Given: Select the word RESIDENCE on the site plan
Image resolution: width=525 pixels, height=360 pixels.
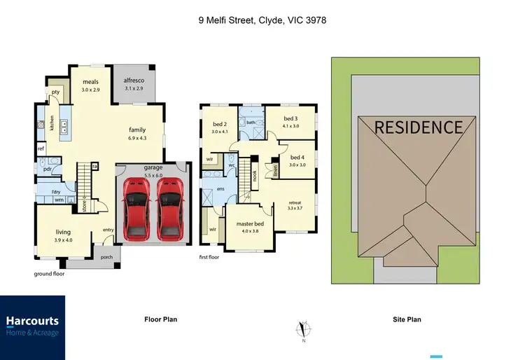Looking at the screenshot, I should (419, 127).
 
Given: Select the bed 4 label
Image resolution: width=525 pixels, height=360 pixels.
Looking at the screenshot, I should (297, 158).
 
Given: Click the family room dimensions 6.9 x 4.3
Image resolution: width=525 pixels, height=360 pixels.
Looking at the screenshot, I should (136, 138).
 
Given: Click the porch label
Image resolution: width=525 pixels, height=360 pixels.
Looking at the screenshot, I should (106, 256).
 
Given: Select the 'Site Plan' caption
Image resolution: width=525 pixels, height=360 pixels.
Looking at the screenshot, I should (406, 319).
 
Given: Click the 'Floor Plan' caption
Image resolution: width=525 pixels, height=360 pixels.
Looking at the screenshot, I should (160, 319).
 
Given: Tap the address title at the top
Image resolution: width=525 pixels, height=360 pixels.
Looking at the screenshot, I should (262, 21).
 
